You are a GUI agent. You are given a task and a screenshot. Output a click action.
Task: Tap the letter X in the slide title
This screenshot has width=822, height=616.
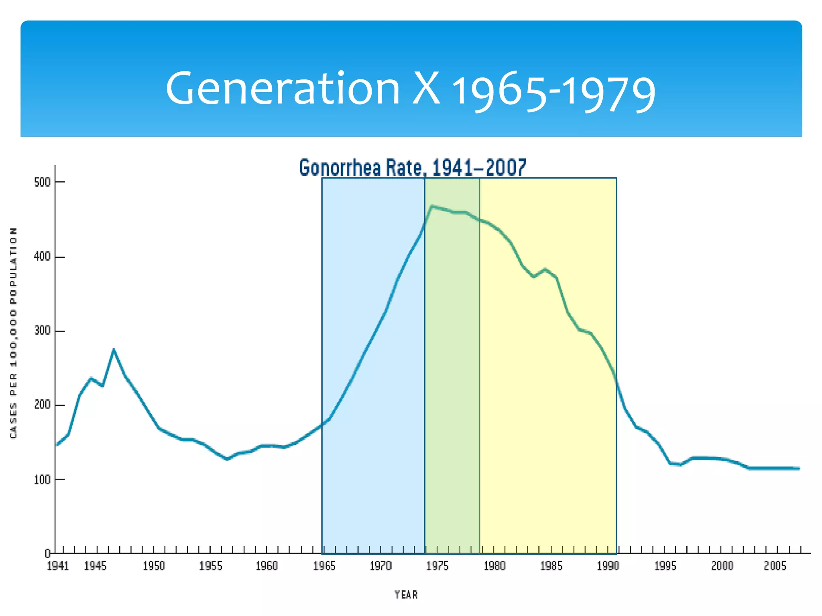coord(426,88)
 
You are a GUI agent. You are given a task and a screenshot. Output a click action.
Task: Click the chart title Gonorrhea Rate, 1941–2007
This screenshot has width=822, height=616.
coord(412,168)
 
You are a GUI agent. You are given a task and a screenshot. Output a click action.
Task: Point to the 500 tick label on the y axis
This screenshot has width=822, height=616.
coord(43,182)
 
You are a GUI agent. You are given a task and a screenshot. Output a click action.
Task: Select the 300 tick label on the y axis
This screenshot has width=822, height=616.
coord(43,331)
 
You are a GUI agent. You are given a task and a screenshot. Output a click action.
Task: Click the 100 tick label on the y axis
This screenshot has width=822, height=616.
coord(43,480)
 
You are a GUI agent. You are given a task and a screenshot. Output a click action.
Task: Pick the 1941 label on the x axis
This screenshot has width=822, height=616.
coord(58,566)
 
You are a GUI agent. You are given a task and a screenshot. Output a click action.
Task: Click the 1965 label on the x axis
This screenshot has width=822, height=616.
coord(324,566)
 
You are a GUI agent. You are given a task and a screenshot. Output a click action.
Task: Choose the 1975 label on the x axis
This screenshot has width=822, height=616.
coord(437,566)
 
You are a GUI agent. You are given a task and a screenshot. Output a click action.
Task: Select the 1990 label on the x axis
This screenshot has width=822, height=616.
coord(608,566)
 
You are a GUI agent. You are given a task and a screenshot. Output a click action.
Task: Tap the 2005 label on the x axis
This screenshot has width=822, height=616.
coord(775,566)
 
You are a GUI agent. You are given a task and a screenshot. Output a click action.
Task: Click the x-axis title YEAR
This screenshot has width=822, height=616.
coord(406,595)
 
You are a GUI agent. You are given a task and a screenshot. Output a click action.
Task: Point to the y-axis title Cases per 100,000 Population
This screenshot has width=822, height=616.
coord(14,333)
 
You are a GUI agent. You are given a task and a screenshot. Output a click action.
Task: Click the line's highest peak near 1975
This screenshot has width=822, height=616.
coord(431,206)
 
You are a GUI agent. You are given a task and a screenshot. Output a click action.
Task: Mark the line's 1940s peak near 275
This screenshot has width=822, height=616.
coord(114,350)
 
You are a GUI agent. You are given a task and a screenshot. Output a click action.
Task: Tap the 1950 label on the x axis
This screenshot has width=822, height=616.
coord(154,566)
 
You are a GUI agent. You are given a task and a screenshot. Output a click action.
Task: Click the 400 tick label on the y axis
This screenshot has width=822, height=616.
coord(43,257)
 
